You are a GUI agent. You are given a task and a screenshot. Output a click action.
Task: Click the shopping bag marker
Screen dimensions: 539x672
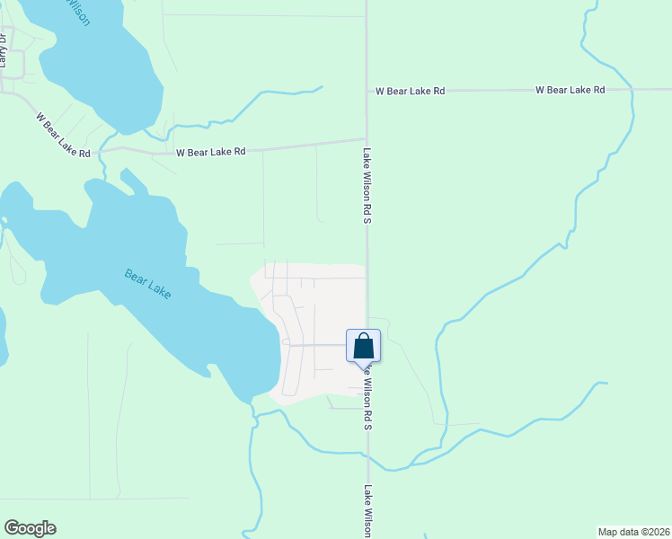tap(363, 347)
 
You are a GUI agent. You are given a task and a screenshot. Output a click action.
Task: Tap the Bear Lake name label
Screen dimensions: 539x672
tap(147, 283)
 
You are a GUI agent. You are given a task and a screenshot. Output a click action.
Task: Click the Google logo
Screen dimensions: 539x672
tap(30, 528)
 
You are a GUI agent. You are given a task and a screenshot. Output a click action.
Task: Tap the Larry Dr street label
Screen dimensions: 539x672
tap(4, 50)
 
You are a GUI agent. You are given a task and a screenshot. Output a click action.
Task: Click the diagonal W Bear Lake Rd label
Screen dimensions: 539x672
tap(63, 134)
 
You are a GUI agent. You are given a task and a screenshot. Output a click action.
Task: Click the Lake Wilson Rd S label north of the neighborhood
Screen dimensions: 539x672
tap(367, 186)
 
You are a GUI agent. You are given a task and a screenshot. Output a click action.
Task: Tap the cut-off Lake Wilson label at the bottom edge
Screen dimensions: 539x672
tap(367, 511)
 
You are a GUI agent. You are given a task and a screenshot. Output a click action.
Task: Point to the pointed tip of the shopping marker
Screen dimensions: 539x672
tap(363, 369)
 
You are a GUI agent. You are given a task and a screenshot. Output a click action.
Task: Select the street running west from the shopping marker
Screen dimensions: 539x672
tap(314, 343)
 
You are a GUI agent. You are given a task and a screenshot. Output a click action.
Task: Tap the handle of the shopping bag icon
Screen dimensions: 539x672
tap(363, 338)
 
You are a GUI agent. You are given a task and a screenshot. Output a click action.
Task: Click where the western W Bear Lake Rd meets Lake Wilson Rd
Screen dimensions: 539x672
tap(366, 139)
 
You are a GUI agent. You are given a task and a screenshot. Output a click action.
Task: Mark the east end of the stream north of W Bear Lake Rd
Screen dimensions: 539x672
tap(321, 87)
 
